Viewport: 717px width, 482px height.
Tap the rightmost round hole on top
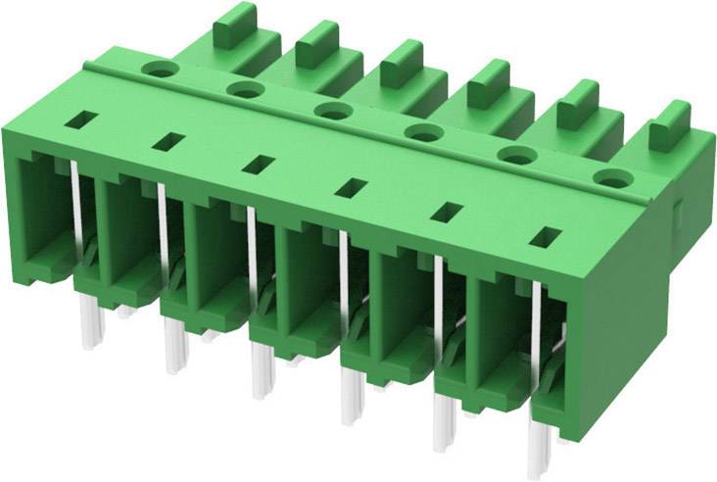612,178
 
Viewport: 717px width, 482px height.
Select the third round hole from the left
333,110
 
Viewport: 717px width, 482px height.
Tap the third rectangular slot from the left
260,164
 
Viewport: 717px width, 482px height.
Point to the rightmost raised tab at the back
669,120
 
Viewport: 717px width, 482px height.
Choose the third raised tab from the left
400,61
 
